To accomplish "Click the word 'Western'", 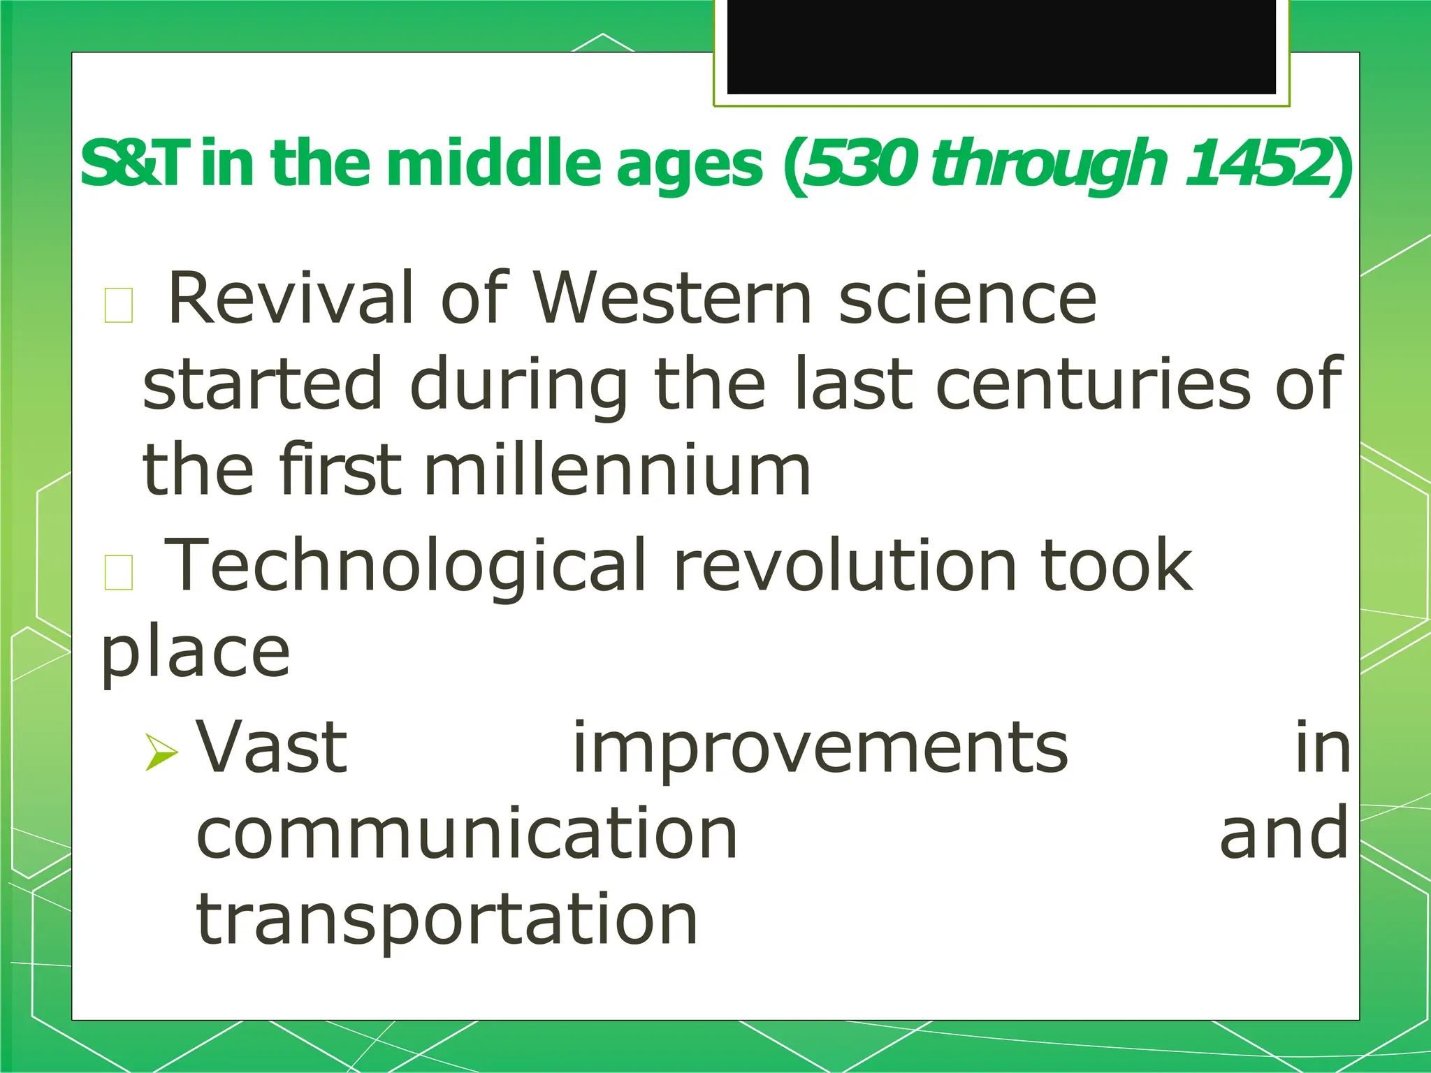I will point(672,299).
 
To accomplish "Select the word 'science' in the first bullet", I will point(968,299).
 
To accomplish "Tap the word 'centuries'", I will point(1092,385).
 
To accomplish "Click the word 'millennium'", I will point(616,471).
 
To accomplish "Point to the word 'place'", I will point(195,653).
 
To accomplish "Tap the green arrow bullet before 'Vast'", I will point(161,752).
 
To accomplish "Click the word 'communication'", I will point(467,833).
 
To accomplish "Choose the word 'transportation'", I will point(447,921).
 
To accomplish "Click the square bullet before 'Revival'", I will point(118,305).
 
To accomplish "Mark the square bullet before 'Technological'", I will point(118,572).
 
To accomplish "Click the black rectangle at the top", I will point(1001,45).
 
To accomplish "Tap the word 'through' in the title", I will point(1048,164).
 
